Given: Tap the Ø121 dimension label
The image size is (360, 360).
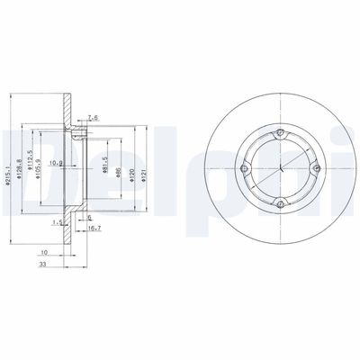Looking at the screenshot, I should pyautogui.click(x=147, y=166).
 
